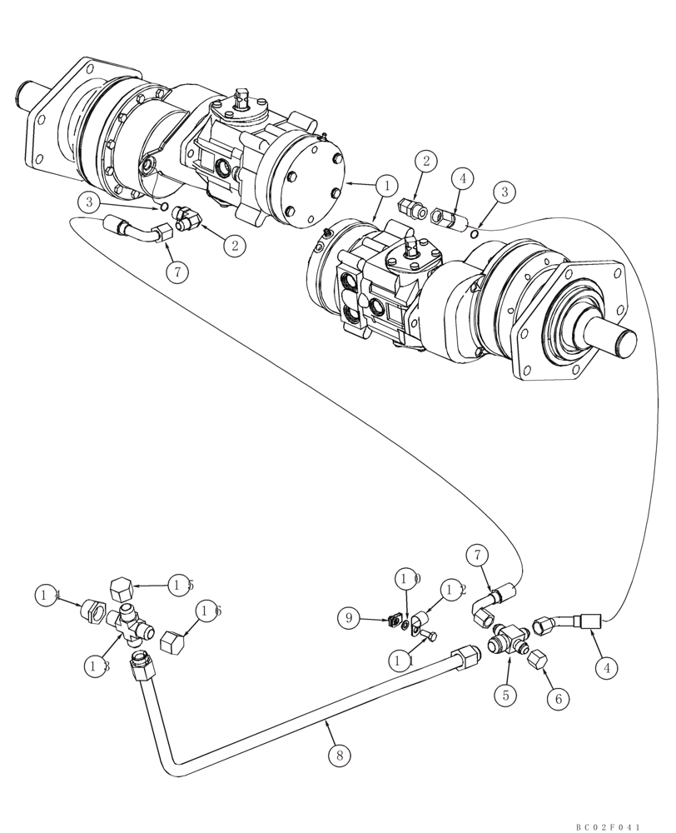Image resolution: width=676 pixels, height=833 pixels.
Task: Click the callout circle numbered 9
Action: tap(350, 617)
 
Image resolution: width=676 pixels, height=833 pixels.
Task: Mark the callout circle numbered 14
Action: tap(48, 595)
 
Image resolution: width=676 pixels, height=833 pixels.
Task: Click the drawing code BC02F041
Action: tap(607, 826)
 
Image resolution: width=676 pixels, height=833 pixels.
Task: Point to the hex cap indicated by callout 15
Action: tap(119, 590)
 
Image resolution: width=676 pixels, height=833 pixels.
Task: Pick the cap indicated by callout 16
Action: tap(172, 642)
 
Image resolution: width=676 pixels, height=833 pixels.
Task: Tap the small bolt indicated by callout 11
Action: tap(428, 636)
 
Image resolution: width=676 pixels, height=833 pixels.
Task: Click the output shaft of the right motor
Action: tap(617, 339)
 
